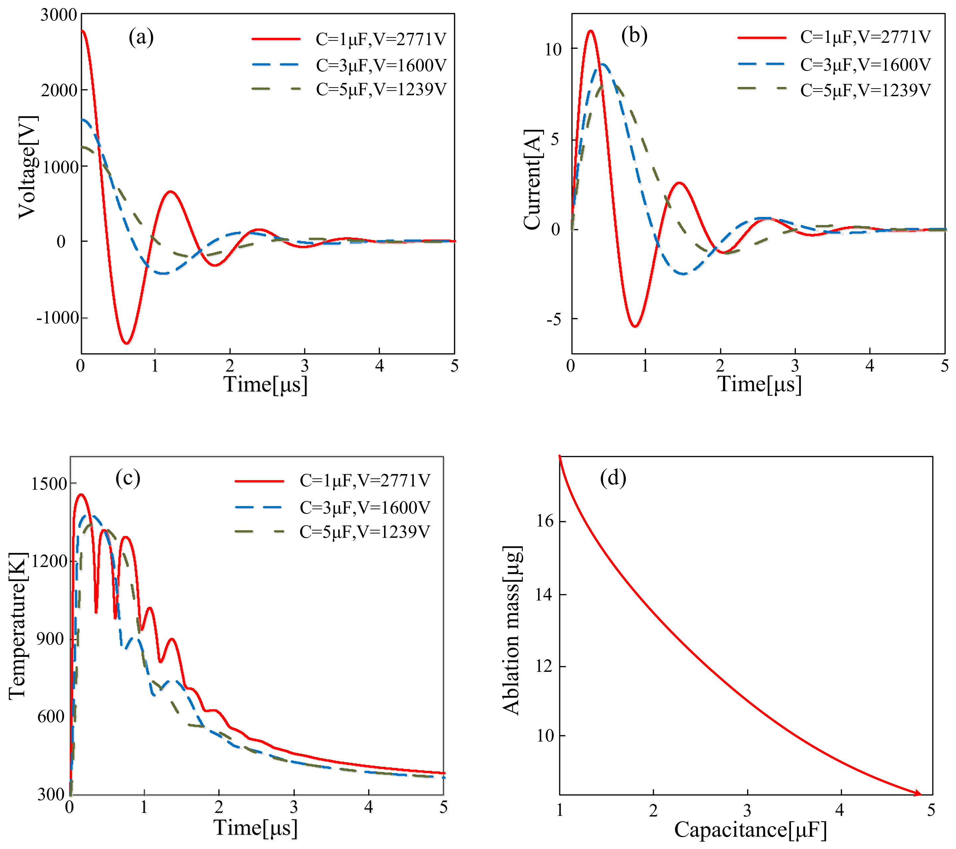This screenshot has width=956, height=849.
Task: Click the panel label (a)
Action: tap(141, 37)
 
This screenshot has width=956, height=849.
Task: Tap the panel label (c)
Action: tap(128, 478)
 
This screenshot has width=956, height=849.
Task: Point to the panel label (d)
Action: tap(613, 477)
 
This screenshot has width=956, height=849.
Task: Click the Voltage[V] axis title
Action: tap(27, 167)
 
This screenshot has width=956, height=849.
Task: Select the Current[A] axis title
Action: tap(533, 179)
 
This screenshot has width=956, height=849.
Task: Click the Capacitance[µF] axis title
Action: tap(751, 829)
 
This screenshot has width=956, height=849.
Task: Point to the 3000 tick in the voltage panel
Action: tap(58, 15)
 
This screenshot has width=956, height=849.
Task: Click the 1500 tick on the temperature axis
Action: tap(49, 483)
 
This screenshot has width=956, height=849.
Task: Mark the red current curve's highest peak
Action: tap(591, 31)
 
